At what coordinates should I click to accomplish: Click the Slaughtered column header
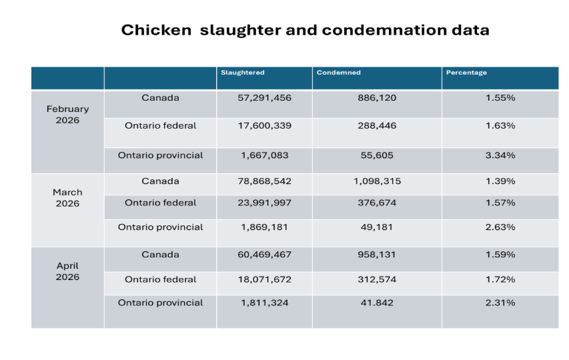[x=242, y=73]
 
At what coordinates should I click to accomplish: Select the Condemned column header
[x=339, y=73]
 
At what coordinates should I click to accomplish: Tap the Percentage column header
[x=466, y=73]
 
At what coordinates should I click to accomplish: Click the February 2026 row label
[x=67, y=114]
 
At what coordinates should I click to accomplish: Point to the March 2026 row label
[x=67, y=198]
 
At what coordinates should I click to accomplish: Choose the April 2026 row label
[x=67, y=271]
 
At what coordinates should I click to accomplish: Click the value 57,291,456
[x=265, y=98]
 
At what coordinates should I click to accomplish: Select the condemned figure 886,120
[x=377, y=98]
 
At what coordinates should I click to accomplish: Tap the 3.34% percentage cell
[x=500, y=155]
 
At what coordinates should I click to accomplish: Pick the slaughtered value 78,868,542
[x=265, y=181]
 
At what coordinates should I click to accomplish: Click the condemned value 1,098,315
[x=377, y=181]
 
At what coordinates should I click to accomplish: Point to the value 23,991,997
[x=265, y=203]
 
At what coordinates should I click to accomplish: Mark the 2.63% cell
[x=500, y=227]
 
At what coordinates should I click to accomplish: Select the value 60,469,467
[x=265, y=255]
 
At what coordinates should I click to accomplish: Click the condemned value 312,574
[x=377, y=279]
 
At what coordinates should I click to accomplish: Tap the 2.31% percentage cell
[x=500, y=303]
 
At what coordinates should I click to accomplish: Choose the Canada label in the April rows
[x=160, y=255]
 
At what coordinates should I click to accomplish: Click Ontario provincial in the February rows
[x=160, y=155]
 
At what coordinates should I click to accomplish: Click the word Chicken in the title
[x=156, y=30]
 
